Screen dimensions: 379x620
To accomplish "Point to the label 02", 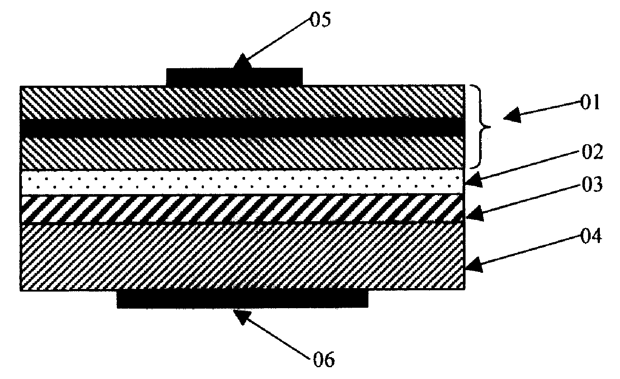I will coord(591,153).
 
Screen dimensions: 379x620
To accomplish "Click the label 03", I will coord(591,184).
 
